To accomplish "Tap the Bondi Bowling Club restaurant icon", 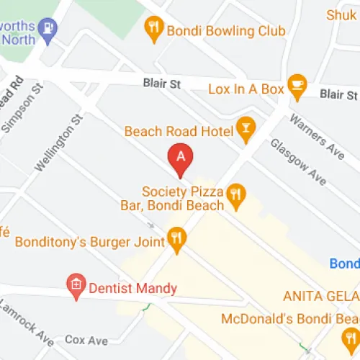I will tap(153, 30).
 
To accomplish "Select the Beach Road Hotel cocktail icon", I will tap(246, 130).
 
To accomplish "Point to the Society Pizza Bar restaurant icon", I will tap(235, 194).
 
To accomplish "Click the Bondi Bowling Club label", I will tap(225, 31).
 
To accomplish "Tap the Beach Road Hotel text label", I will tap(179, 131).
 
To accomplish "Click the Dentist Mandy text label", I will tap(132, 289).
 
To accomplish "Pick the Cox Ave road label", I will tap(86, 339).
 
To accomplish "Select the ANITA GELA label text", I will tap(320, 296).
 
